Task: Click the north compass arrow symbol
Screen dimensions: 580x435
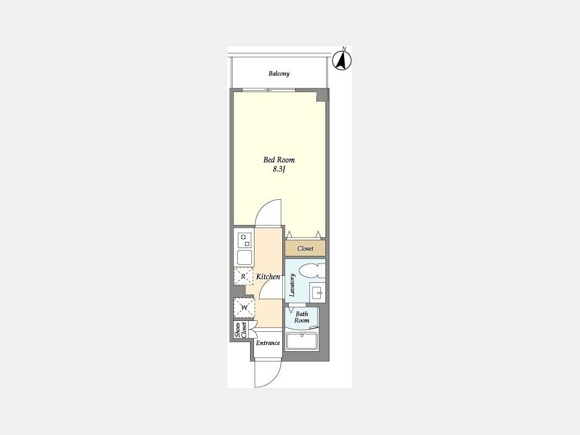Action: point(342,61)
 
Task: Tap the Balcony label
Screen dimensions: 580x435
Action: point(279,73)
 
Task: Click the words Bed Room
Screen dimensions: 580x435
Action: point(279,160)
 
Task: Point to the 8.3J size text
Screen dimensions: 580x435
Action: point(280,169)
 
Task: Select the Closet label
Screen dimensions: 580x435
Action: point(305,249)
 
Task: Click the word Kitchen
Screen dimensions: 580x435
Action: point(268,276)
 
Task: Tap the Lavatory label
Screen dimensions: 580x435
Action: point(292,285)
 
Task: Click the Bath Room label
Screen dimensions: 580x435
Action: point(302,317)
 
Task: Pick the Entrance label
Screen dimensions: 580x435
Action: point(268,343)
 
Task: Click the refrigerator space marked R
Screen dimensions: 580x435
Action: point(243,276)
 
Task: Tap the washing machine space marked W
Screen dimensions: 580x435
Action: point(244,307)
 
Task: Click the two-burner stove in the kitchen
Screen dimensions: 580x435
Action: point(244,240)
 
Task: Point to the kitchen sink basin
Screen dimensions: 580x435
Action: point(244,257)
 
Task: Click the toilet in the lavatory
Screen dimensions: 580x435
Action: point(311,271)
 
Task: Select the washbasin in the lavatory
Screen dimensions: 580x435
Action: point(317,292)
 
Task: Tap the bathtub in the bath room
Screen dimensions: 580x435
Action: point(302,341)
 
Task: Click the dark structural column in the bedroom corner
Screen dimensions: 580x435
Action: point(322,95)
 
